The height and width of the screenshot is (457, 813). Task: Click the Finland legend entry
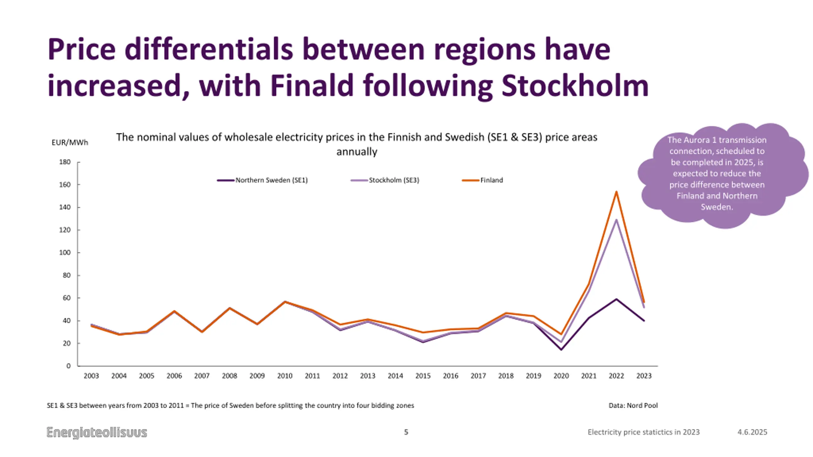click(x=491, y=180)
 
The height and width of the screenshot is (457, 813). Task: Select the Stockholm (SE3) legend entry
click(x=393, y=180)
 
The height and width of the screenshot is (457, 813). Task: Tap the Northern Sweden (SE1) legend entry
click(x=271, y=180)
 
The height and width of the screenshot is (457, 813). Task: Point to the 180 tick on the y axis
click(x=65, y=162)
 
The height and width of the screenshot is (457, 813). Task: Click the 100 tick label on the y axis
click(x=65, y=253)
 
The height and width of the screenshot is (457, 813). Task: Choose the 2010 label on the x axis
click(x=285, y=376)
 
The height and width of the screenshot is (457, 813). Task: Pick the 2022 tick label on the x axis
click(x=616, y=376)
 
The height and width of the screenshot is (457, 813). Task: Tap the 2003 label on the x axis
click(x=91, y=376)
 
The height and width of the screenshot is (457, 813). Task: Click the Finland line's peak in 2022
click(x=616, y=192)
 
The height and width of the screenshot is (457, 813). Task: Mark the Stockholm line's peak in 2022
click(x=616, y=220)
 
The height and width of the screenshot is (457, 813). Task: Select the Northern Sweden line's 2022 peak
click(x=616, y=299)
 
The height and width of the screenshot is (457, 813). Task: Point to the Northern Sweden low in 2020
click(x=561, y=350)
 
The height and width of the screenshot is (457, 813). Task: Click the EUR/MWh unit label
click(x=70, y=142)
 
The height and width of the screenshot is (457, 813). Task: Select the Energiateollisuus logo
click(x=97, y=433)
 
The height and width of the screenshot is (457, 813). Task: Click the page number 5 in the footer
click(x=406, y=432)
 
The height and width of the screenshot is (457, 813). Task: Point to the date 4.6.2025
click(x=752, y=432)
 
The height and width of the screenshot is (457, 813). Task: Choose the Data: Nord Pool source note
click(x=633, y=406)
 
